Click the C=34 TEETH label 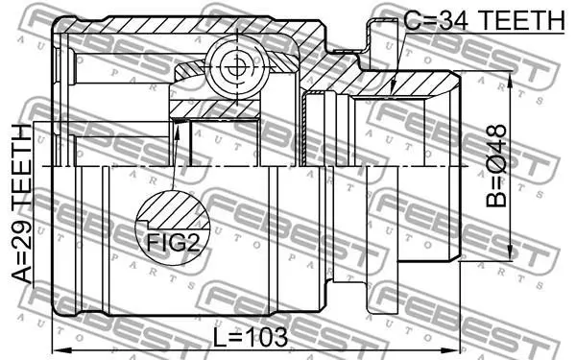tap(484, 20)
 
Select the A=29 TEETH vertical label tap(22, 204)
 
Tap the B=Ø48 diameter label tap(496, 166)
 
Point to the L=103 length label tap(251, 338)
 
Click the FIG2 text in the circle tap(174, 242)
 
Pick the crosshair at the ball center tap(237, 67)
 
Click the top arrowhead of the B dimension tap(510, 79)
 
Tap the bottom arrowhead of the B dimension tap(510, 252)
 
